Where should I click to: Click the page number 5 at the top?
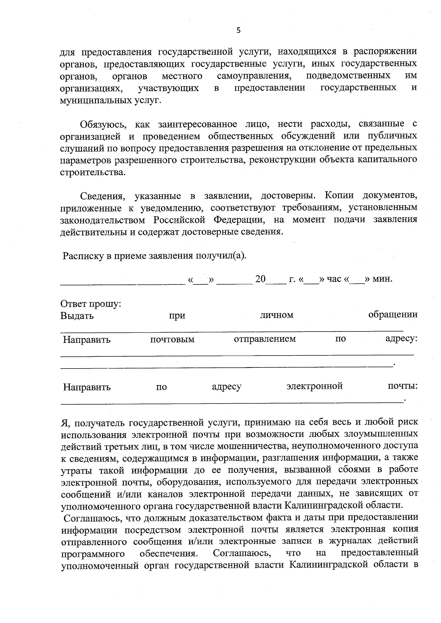(x=239, y=31)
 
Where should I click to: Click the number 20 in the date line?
(x=260, y=279)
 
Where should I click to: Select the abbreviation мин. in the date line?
(x=383, y=279)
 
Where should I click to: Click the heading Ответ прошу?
(x=91, y=304)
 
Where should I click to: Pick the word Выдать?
(x=77, y=316)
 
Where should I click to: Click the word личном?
(x=276, y=315)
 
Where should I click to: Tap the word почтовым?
(x=172, y=340)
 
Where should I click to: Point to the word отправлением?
(x=265, y=339)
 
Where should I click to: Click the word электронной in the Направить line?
(x=315, y=386)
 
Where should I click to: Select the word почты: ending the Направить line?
(x=403, y=386)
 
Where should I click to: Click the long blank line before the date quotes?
(x=123, y=283)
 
